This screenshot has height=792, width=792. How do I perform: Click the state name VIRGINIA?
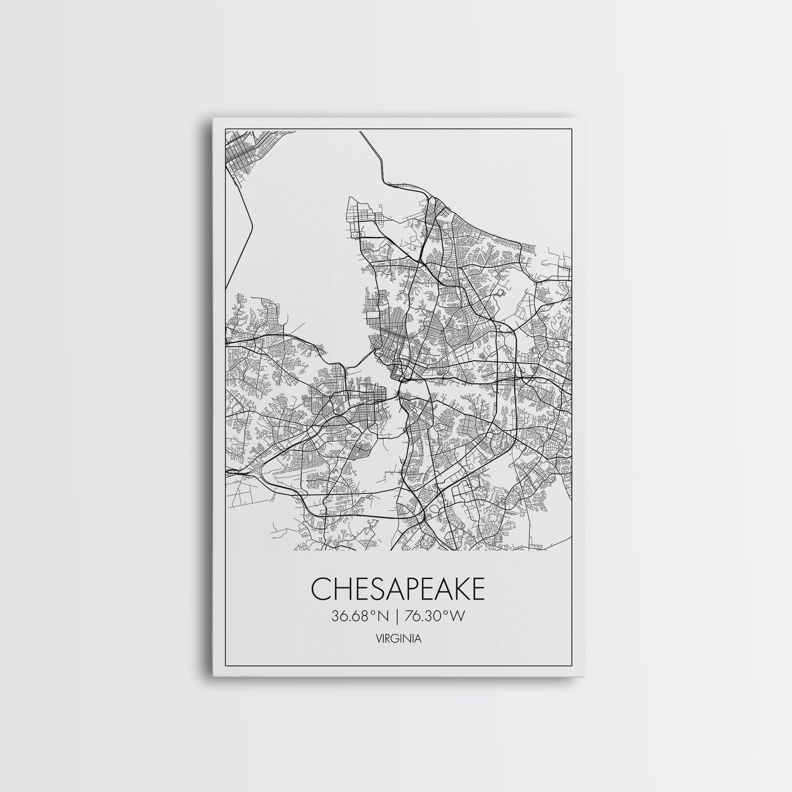pos(398,638)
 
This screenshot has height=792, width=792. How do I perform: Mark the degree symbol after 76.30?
pos(447,614)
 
